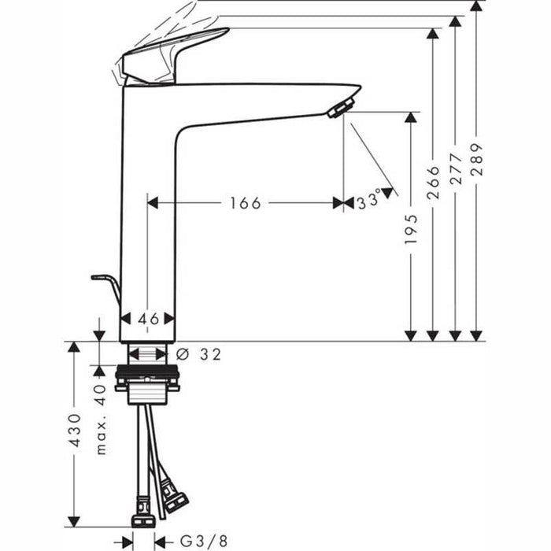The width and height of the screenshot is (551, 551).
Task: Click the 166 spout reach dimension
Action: pos(245,203)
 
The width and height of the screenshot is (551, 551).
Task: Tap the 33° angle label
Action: pos(368,202)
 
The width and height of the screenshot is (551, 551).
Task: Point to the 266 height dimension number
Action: pos(433,187)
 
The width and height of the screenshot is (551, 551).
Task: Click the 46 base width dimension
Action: pos(148,319)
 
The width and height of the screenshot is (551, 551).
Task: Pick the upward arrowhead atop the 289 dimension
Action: pos(475,6)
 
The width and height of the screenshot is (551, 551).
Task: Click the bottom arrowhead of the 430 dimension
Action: pos(74,523)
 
